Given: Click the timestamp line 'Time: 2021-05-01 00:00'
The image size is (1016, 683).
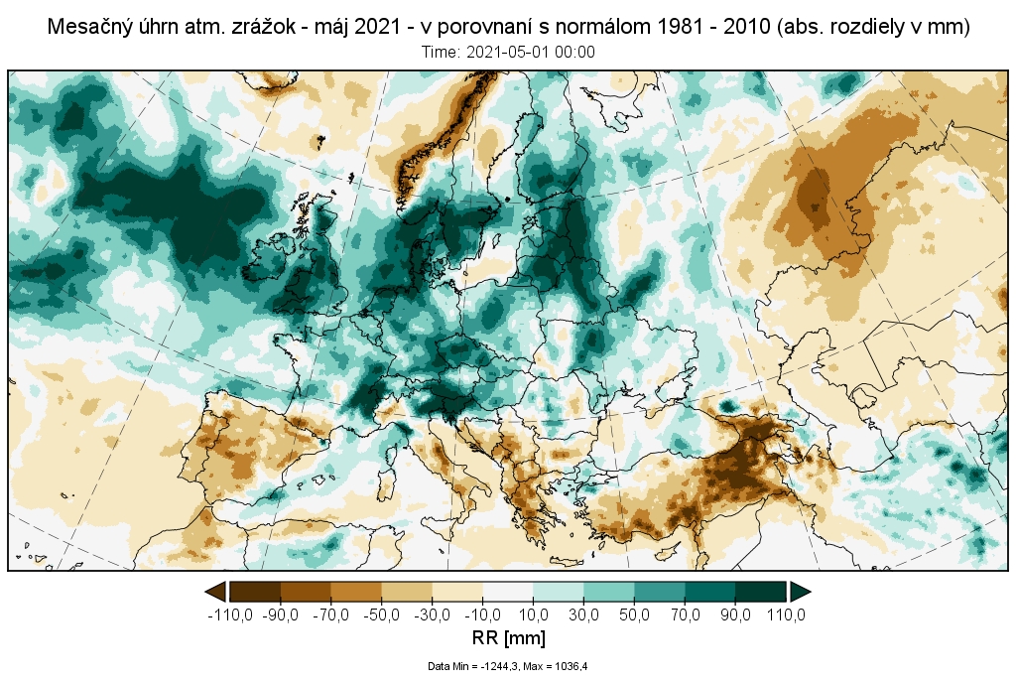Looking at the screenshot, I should coord(508,53).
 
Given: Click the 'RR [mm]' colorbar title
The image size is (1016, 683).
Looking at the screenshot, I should coord(507,637).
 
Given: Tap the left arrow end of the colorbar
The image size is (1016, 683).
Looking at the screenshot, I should coord(214,592).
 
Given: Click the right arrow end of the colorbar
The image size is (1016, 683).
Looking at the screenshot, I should coord(801,592).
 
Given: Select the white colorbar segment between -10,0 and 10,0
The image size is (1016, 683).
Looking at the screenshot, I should coord(508,592).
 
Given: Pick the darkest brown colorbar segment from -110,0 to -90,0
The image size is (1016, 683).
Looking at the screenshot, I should coord(255,592).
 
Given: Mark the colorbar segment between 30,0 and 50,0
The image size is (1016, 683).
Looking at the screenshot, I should coord(609,592).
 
